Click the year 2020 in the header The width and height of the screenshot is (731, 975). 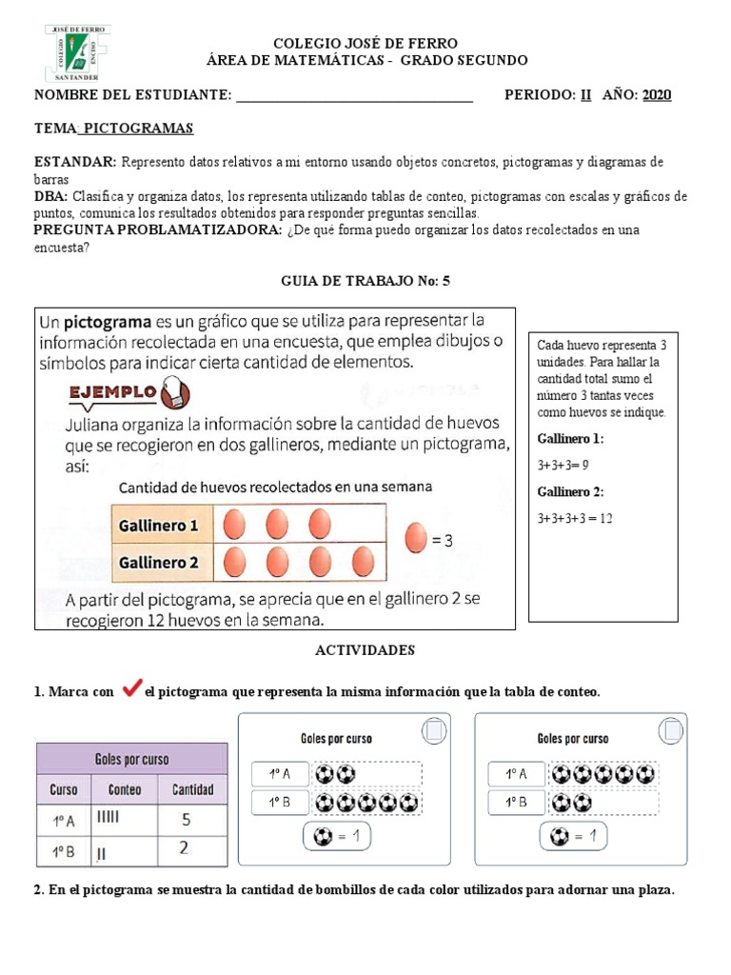click(657, 94)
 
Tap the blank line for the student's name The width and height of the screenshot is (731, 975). click(354, 95)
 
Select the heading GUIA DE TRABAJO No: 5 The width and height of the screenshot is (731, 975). click(365, 281)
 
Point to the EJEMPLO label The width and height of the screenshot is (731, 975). click(112, 391)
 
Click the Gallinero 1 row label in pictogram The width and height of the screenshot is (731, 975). click(158, 526)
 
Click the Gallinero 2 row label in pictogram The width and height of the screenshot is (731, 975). click(158, 563)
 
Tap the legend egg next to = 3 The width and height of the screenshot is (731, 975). click(416, 539)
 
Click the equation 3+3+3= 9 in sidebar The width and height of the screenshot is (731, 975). click(563, 466)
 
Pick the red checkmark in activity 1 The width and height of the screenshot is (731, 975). click(132, 689)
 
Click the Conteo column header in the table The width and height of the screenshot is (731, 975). click(125, 790)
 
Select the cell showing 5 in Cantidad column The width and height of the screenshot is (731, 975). click(187, 819)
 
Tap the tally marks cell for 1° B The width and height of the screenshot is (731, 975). click(125, 851)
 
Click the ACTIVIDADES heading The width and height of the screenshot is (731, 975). click(365, 650)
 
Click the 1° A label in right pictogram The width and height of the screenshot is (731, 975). click(516, 774)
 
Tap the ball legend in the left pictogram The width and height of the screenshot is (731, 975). click(334, 837)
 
